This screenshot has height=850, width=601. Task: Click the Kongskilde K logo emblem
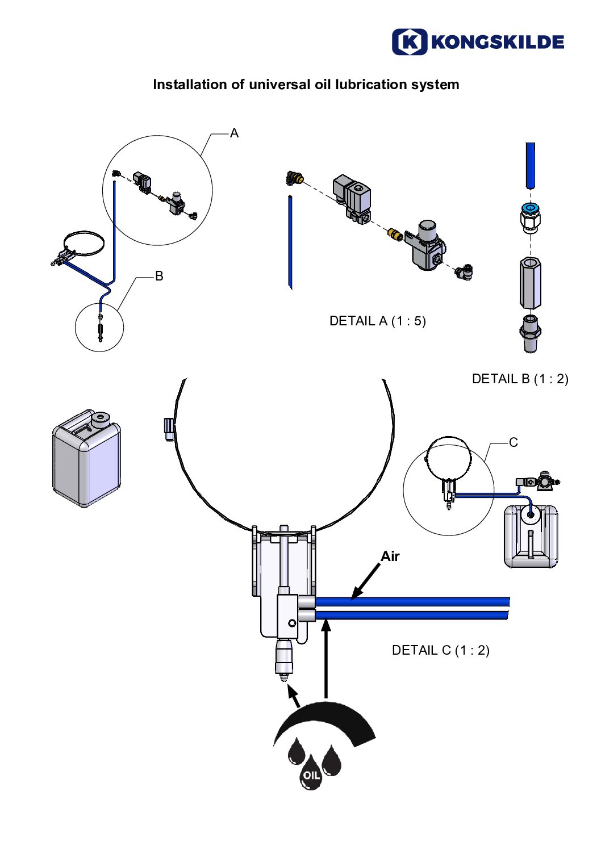[x=409, y=42]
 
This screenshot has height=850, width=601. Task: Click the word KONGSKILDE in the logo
[x=498, y=42]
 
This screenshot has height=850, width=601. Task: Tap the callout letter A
[x=234, y=133]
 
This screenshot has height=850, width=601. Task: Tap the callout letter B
[x=159, y=276]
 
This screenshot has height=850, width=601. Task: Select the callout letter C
[x=514, y=442]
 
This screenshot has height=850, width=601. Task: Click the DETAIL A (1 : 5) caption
[x=377, y=321]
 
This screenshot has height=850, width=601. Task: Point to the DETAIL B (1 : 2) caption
[x=520, y=379]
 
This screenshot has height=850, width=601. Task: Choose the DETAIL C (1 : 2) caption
[x=440, y=651]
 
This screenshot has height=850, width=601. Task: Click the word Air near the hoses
[x=390, y=556]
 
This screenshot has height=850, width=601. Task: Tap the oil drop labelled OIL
[x=311, y=774]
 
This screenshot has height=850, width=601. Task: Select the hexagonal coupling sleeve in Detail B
[x=530, y=283]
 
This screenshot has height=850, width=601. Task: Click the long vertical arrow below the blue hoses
[x=326, y=659]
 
